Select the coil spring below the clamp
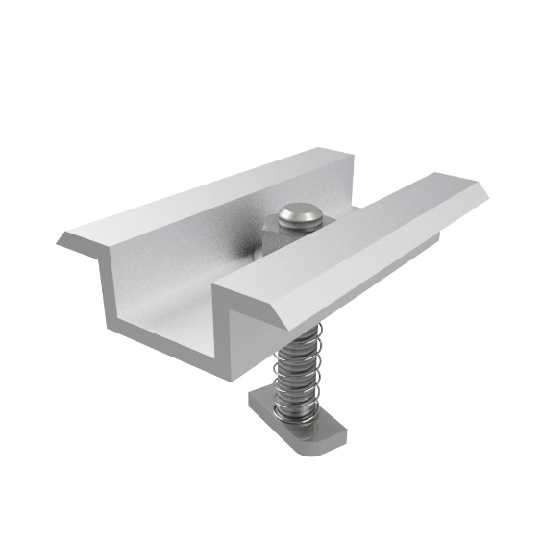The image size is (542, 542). click(294, 375)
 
